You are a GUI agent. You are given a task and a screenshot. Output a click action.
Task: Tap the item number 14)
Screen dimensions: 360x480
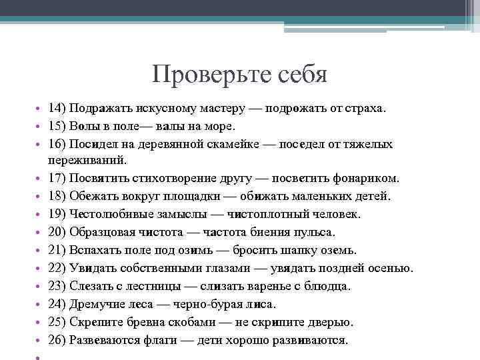tap(58, 108)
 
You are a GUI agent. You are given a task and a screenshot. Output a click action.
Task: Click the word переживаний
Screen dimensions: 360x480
tap(83, 161)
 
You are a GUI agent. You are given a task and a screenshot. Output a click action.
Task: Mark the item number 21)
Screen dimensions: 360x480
tap(58, 251)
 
